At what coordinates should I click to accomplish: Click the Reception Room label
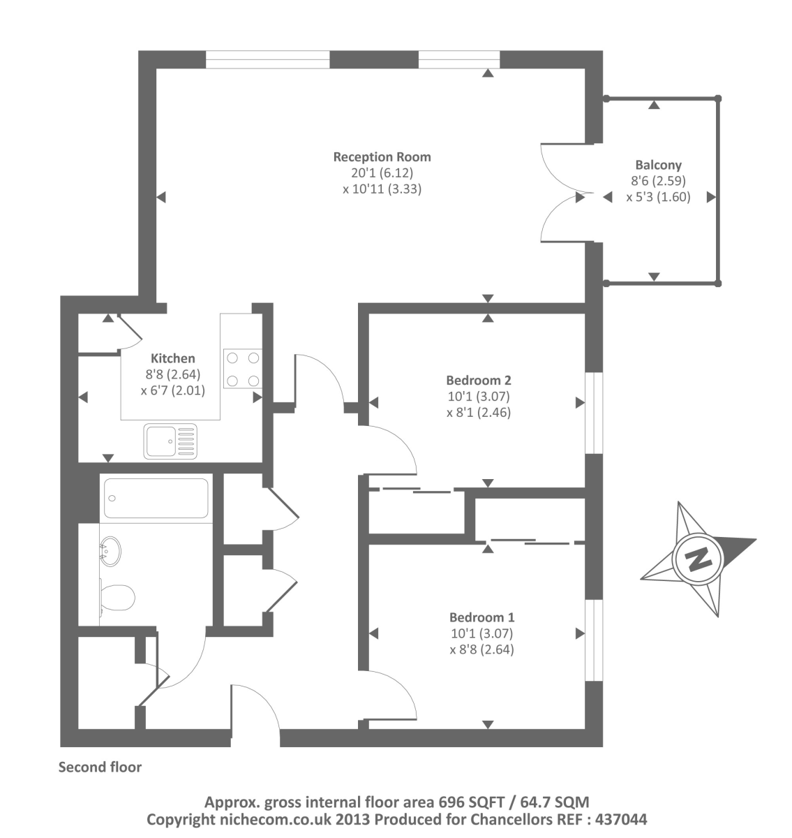tap(382, 156)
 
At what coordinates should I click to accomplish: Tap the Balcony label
tap(658, 165)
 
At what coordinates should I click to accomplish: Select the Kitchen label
tap(173, 359)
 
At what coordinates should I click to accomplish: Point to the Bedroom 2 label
tap(479, 381)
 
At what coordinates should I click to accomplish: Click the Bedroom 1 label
tap(481, 617)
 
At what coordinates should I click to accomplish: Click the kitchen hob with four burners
tap(242, 368)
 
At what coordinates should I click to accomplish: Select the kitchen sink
tap(170, 441)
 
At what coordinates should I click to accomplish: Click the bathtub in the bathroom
tap(156, 498)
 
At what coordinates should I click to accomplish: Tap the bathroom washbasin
tap(110, 550)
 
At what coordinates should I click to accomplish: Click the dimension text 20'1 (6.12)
tap(382, 172)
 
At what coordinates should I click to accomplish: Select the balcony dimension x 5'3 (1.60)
tap(658, 197)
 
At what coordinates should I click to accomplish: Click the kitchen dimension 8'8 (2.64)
tap(173, 375)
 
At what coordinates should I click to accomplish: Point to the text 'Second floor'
tap(100, 767)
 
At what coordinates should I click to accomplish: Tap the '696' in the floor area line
tap(451, 802)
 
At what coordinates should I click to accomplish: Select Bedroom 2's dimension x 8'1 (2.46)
tap(479, 412)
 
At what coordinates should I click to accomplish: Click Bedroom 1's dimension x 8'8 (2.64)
tap(481, 649)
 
